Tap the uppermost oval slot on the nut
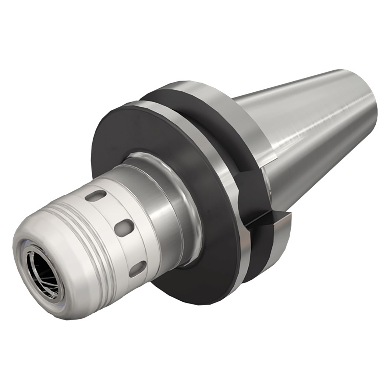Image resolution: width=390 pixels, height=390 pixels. (x=95, y=196)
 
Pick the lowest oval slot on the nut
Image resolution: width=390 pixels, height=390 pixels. (x=137, y=269)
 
